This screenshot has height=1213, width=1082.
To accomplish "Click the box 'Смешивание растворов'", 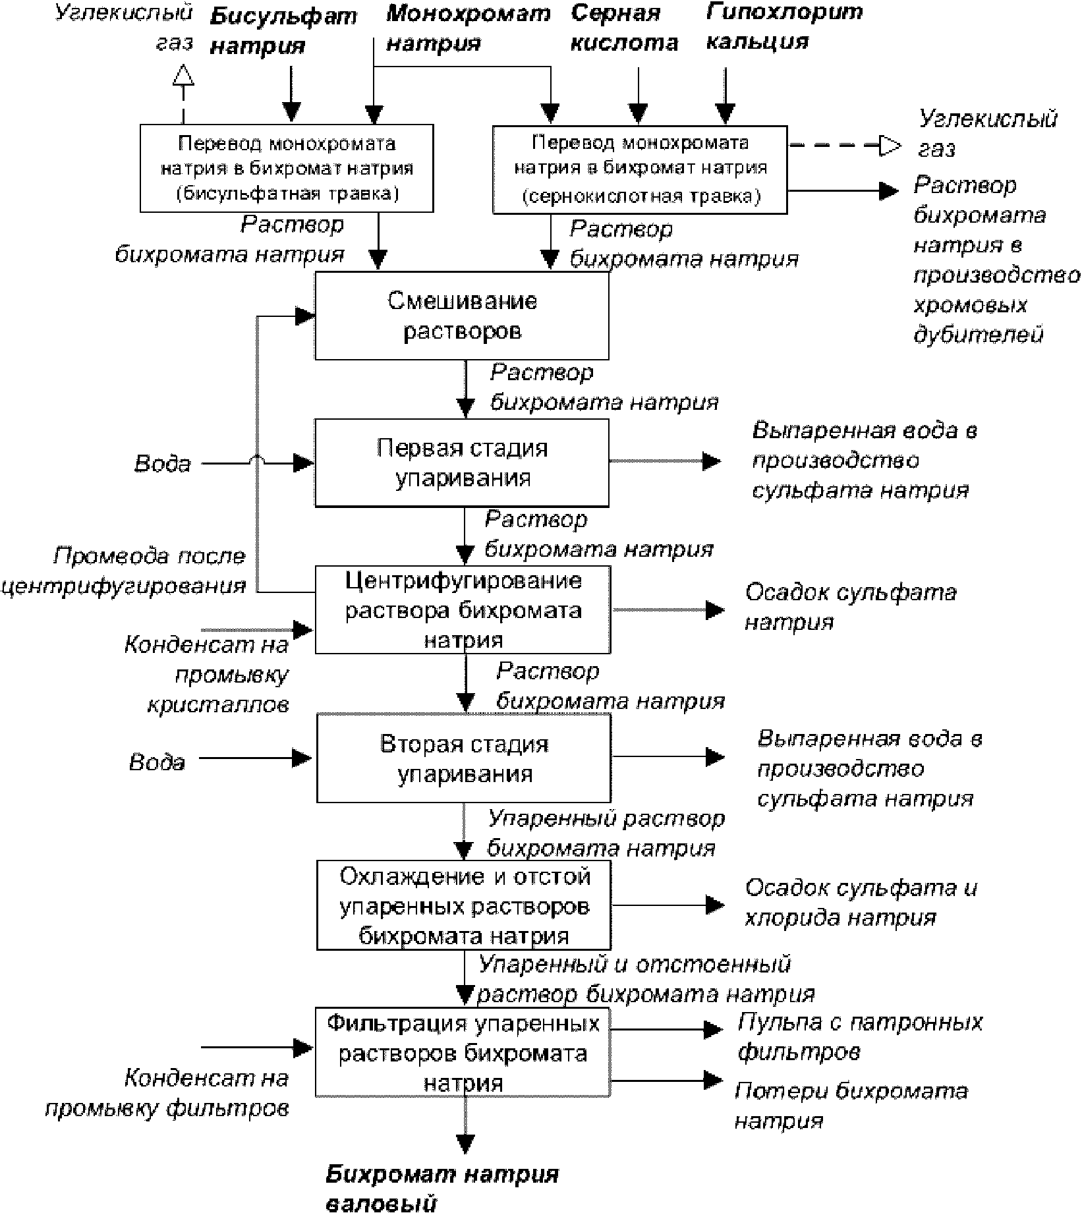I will (461, 316).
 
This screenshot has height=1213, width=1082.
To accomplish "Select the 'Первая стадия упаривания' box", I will (461, 463).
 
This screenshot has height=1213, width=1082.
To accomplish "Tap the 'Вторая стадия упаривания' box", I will (464, 758).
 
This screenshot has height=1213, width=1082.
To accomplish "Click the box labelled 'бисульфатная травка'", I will (287, 169).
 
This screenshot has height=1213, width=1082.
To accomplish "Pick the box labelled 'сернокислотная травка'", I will (640, 170).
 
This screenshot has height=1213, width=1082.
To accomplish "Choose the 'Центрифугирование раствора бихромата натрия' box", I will (463, 609).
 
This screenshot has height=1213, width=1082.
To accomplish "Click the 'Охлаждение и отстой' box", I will (464, 905).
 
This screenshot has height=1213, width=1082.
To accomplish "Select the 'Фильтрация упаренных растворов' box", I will (463, 1052).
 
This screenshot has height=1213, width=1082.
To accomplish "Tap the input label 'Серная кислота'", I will (623, 28).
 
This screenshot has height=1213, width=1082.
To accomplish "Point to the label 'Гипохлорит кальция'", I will (783, 26).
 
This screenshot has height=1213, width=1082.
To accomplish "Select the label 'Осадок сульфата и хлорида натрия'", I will (860, 903).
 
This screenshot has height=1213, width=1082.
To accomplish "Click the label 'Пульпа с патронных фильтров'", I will (859, 1036).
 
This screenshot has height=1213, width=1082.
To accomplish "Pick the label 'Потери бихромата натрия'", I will (851, 1106).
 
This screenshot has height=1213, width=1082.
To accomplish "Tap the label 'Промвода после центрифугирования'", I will (125, 571).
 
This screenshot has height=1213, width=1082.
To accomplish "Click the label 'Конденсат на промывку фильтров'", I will (168, 1094).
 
